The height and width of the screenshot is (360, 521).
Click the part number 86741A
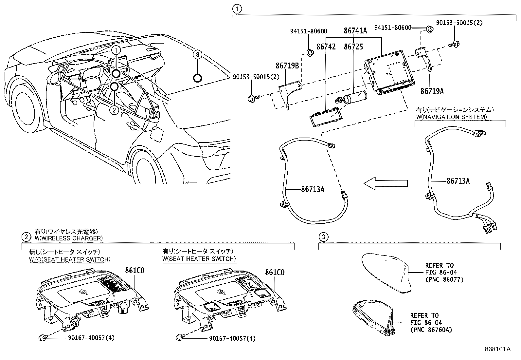355,30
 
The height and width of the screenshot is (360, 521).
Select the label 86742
326,47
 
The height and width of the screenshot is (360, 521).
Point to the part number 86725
353,47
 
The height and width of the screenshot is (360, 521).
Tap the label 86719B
287,66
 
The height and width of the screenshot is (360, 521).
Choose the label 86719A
432,91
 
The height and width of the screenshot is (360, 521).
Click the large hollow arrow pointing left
386,183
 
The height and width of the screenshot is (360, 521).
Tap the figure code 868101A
497,349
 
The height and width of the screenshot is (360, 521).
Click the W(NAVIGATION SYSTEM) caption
451,117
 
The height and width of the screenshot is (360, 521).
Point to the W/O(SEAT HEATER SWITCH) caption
70,259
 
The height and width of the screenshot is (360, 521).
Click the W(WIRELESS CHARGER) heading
69,238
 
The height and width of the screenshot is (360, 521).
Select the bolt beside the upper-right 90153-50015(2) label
454,44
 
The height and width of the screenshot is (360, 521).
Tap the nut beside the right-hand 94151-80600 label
430,29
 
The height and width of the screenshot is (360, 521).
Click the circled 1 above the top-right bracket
237,9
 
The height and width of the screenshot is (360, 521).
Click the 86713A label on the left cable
313,189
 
